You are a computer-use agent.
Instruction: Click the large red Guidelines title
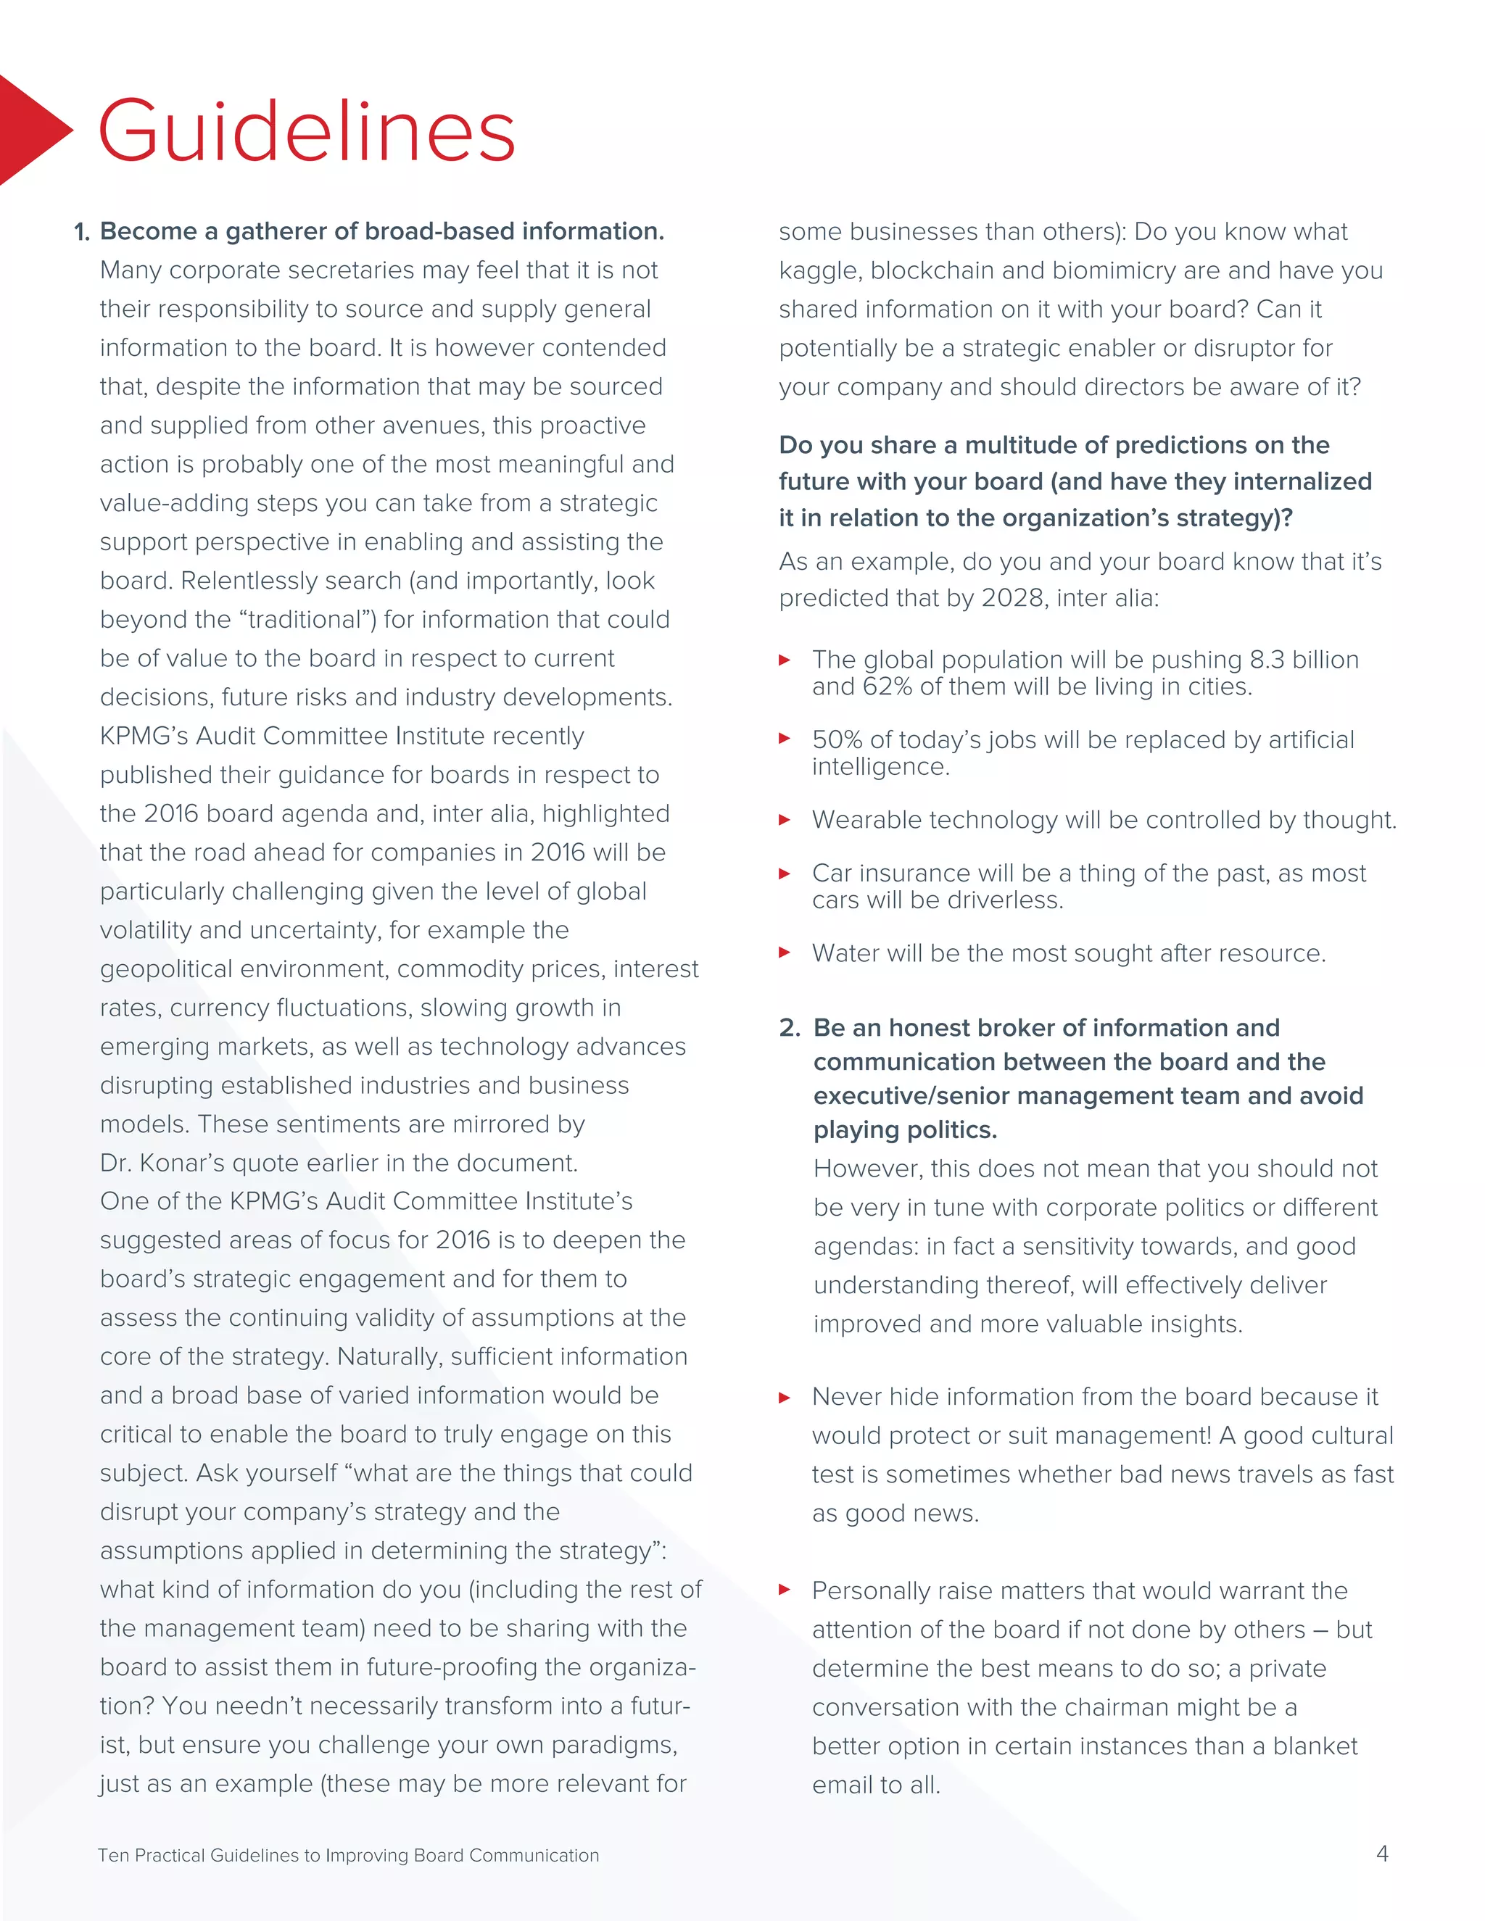pos(306,131)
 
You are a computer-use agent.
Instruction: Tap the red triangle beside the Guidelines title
pos(30,130)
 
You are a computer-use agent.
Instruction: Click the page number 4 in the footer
pos(1382,1854)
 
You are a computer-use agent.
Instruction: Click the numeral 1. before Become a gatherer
pos(82,232)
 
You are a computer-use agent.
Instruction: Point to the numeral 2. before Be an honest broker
pos(789,1027)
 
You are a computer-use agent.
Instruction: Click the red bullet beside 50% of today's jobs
pos(785,739)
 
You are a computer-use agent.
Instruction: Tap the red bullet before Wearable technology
pos(785,820)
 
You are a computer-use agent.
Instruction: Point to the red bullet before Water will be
pos(785,953)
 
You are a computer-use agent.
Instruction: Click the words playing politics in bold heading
pos(905,1129)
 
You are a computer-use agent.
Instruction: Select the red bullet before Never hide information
pos(785,1397)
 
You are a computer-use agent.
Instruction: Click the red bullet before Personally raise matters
pos(785,1590)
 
